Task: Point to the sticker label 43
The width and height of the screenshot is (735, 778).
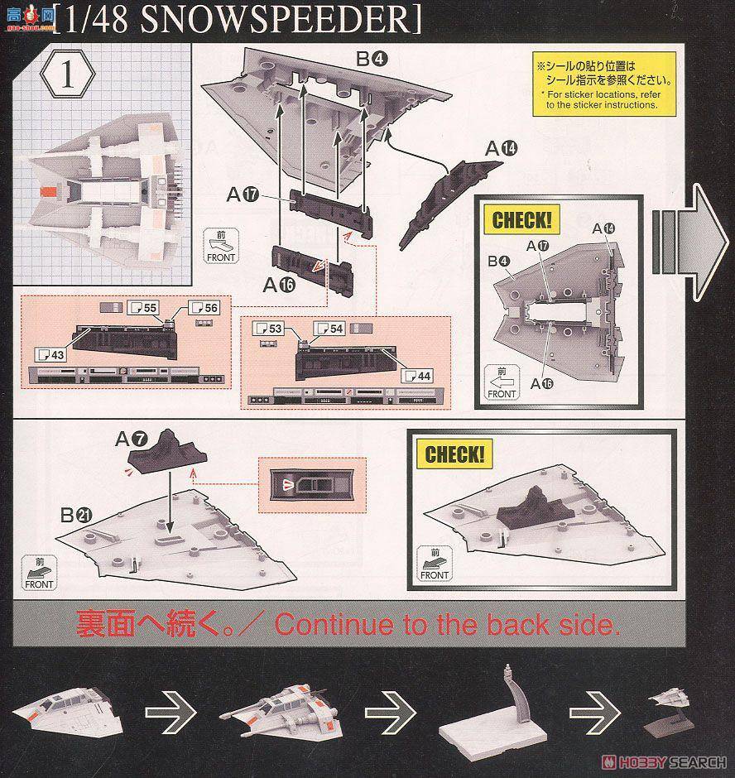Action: pos(50,354)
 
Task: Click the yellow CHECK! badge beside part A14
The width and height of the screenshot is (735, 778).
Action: pos(520,220)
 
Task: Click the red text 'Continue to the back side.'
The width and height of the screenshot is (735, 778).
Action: pos(447,623)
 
